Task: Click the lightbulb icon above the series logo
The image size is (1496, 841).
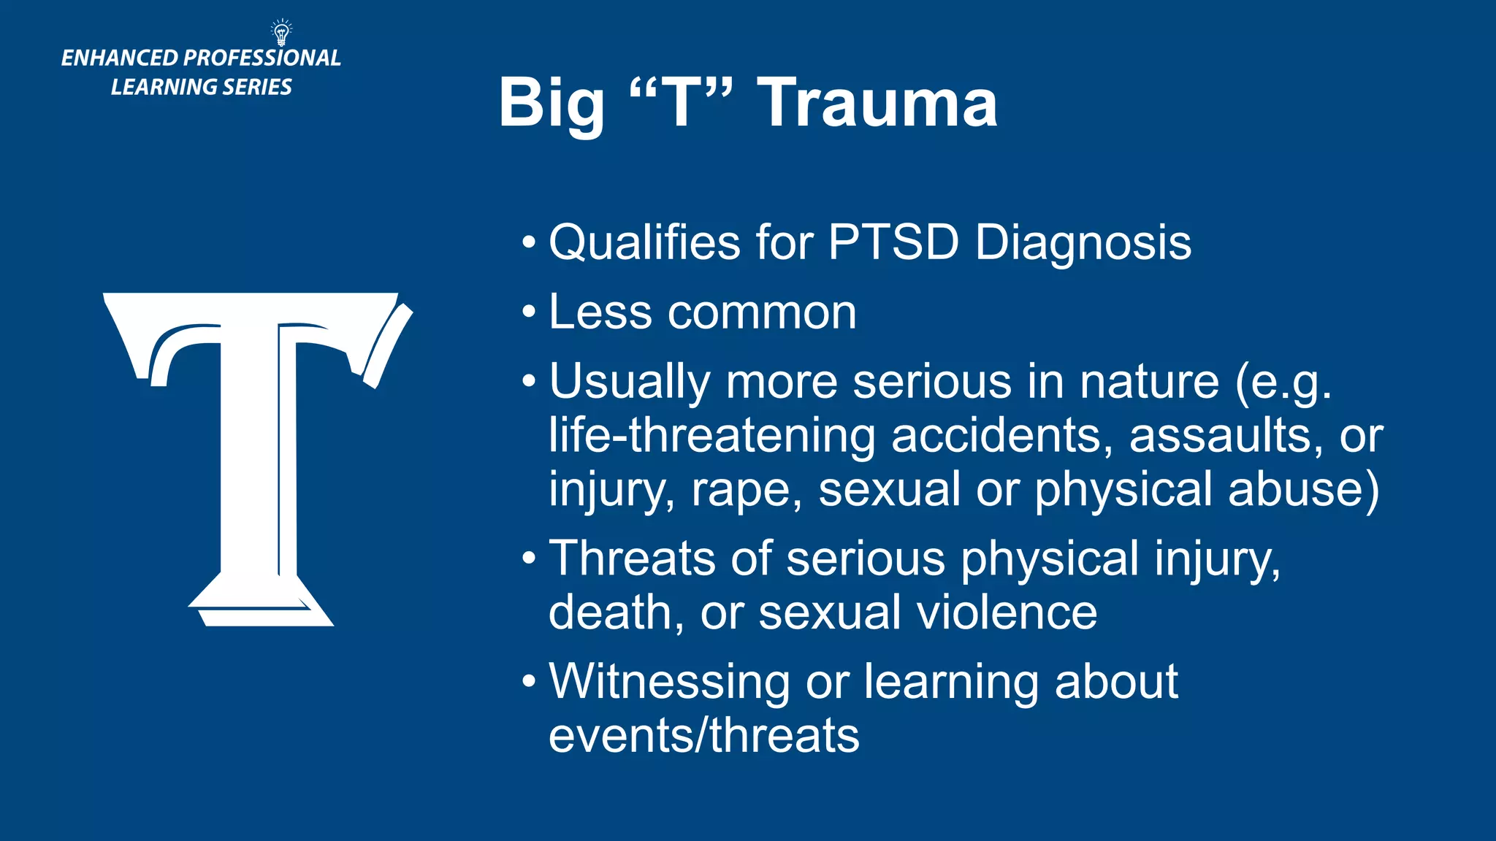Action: tap(281, 32)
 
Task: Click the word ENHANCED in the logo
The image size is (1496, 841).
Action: tap(120, 58)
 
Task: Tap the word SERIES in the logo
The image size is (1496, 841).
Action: tap(257, 87)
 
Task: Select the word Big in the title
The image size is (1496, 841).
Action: tap(552, 103)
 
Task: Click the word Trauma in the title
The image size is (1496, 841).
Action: tap(877, 103)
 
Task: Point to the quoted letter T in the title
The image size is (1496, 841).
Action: tap(680, 103)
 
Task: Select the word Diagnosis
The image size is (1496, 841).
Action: tap(1083, 243)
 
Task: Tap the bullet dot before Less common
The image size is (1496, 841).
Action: tap(530, 312)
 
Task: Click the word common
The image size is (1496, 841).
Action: tap(762, 312)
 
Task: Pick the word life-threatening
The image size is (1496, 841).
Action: tap(711, 436)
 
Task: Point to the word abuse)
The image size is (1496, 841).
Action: tap(1304, 489)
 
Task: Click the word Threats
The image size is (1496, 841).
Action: tap(632, 558)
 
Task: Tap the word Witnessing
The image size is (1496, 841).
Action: tap(668, 682)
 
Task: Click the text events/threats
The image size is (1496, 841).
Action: tap(703, 735)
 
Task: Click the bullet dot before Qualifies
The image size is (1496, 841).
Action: tap(530, 242)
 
